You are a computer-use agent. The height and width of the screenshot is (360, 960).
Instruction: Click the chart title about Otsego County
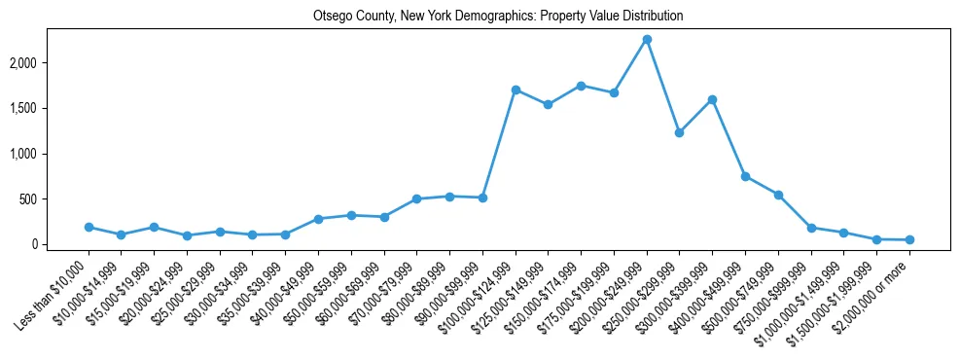(x=498, y=17)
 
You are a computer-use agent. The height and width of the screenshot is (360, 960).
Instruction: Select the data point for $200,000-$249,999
(x=647, y=40)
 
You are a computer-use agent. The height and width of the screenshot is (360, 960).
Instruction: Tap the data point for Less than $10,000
(x=89, y=227)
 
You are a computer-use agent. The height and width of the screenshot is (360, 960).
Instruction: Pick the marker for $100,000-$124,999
(x=516, y=90)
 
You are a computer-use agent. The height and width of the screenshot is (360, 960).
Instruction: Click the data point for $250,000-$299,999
(x=680, y=132)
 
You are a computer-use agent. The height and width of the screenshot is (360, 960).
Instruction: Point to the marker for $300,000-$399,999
(x=713, y=99)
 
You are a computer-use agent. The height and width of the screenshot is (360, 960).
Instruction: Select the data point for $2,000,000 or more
(x=909, y=239)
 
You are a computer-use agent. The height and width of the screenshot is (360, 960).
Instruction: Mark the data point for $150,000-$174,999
(x=581, y=86)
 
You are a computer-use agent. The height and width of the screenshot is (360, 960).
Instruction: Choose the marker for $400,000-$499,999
(x=745, y=176)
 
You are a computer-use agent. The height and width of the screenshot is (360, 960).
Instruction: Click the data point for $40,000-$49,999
(x=318, y=219)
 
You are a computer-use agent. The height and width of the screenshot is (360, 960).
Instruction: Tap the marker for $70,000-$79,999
(x=416, y=198)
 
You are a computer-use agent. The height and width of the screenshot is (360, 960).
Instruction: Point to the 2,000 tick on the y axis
(x=44, y=63)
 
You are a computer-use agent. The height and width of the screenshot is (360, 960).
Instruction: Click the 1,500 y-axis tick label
(x=44, y=108)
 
